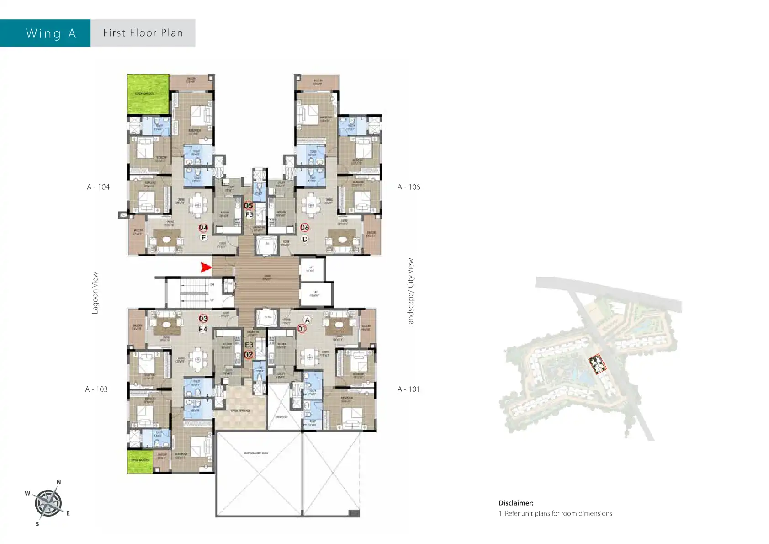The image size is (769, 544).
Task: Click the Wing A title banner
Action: (50, 33)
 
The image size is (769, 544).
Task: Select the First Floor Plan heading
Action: (143, 33)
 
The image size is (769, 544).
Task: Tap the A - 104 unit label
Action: (98, 187)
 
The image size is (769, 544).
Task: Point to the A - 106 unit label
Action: (408, 187)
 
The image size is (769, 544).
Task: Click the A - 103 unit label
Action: (96, 389)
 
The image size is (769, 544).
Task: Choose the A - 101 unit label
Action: (408, 389)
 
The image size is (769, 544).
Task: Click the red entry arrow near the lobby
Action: (207, 267)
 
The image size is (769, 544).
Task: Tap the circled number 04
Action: (203, 228)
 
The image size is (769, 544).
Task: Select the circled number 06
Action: (304, 228)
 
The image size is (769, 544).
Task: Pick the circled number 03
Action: (203, 319)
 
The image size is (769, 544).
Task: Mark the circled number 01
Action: (302, 329)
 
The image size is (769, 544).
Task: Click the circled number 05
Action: (248, 206)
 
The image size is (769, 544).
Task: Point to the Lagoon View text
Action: (95, 293)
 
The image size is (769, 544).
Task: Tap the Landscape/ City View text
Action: (410, 293)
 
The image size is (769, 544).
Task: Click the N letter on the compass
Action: (58, 482)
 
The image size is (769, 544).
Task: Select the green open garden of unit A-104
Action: (148, 94)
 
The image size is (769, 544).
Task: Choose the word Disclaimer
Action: (516, 503)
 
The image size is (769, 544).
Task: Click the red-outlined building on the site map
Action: (596, 364)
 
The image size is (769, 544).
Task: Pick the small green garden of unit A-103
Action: (139, 461)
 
